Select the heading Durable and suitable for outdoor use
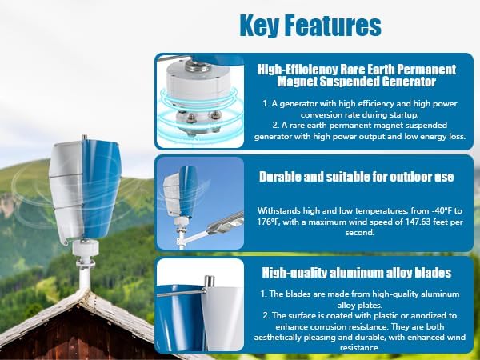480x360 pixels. click(356, 176)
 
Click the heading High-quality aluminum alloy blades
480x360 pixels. click(356, 273)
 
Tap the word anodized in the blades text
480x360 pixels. click(435, 315)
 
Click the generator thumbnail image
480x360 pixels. click(199, 102)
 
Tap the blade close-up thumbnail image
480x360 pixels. click(199, 306)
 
